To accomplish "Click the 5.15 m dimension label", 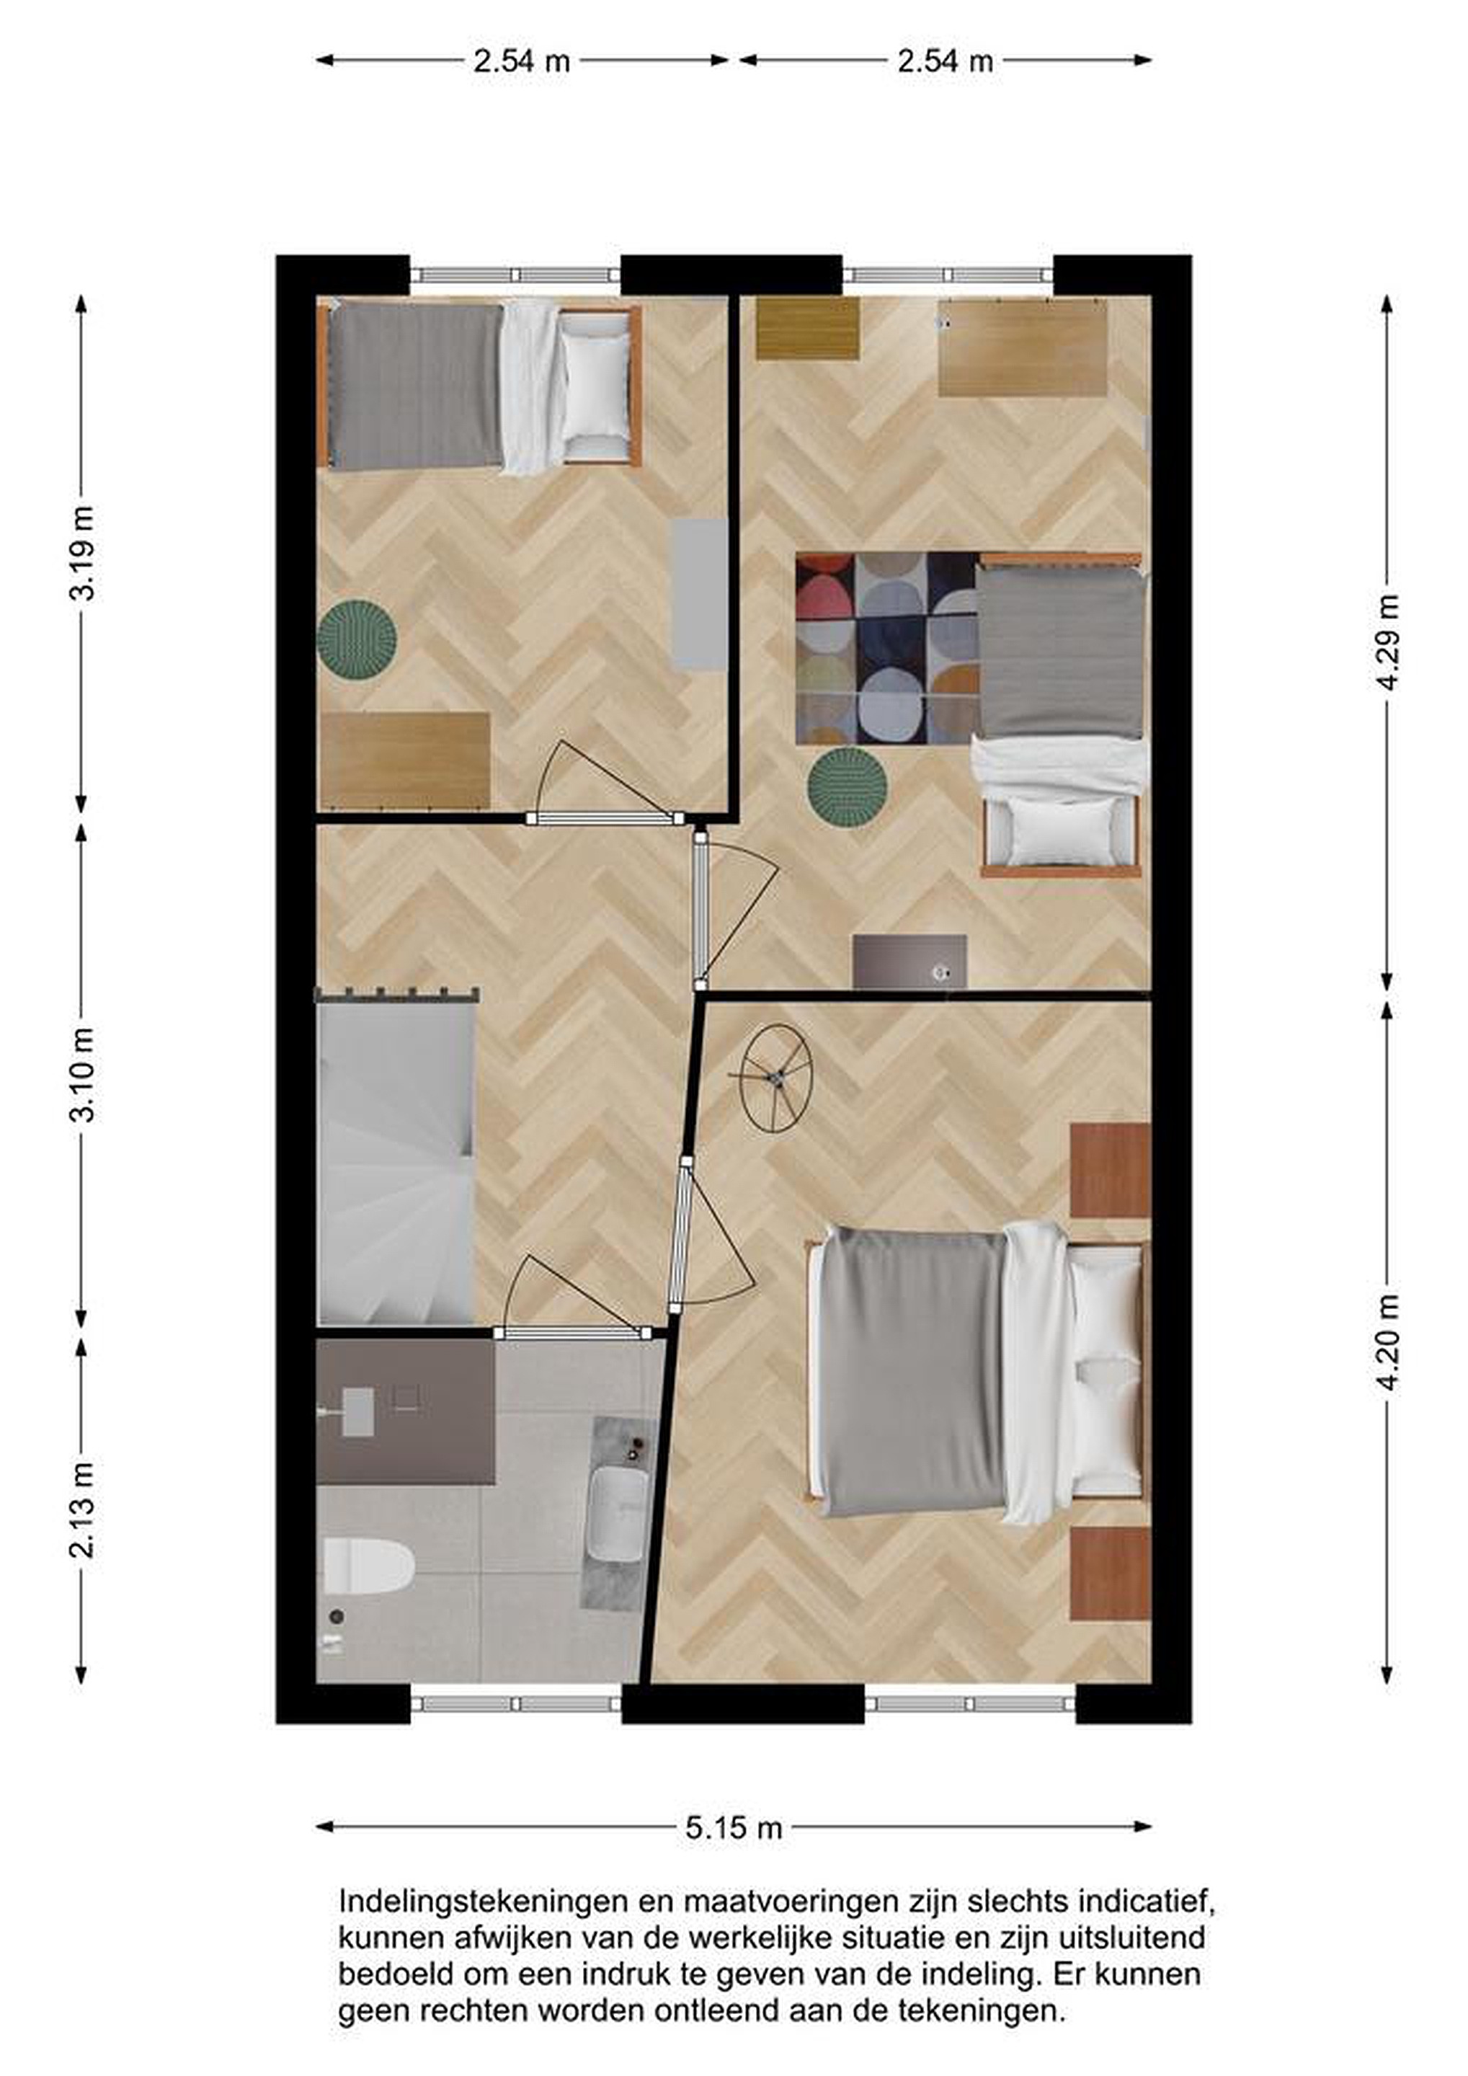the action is (x=733, y=1828).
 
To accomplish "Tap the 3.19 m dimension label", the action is (x=82, y=554).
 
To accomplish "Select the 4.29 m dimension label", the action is (x=1387, y=642).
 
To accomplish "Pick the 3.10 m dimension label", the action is (x=82, y=1075).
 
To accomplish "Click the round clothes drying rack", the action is (x=775, y=1078).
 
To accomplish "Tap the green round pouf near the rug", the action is (x=847, y=785).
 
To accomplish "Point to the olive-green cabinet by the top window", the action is (x=807, y=328).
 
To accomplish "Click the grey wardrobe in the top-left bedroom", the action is (x=700, y=593).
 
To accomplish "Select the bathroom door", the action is (x=572, y=1333).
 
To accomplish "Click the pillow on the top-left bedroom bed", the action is (x=596, y=387).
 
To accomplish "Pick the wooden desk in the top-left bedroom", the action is (x=405, y=760).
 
